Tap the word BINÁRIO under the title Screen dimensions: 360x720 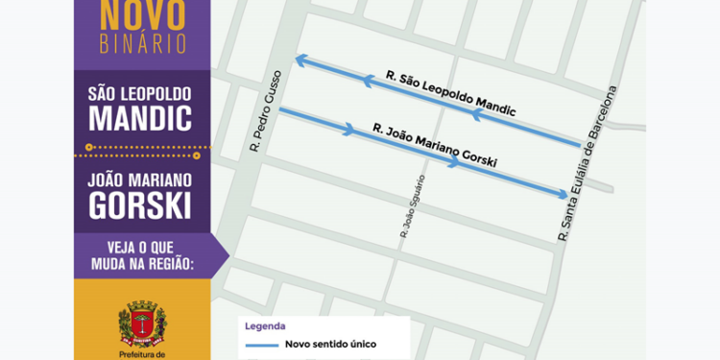[143, 45]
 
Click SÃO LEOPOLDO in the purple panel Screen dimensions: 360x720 [140, 94]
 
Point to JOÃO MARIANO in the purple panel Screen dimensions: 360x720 [140, 180]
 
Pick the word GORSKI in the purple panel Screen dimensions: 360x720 [140, 204]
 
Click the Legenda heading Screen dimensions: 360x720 [266, 326]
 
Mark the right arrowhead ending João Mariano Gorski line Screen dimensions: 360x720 [564, 195]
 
